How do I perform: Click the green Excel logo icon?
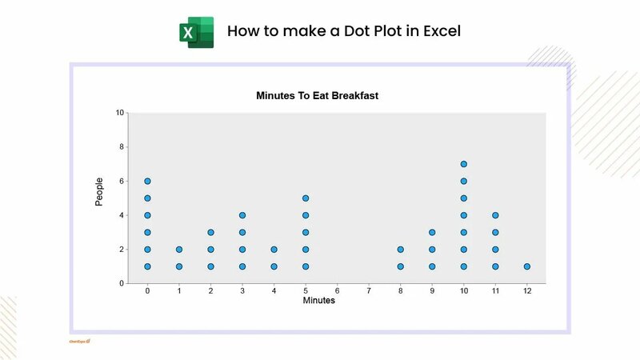coord(195,32)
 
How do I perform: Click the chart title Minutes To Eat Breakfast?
coord(317,95)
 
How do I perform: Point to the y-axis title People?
coord(99,192)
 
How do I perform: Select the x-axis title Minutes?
coord(319,301)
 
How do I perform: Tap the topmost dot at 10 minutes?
coord(464,164)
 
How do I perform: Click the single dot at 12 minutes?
coord(527,266)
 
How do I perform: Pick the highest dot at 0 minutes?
coord(148,182)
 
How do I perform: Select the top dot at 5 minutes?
coord(306,198)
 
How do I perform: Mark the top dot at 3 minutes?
coord(242,215)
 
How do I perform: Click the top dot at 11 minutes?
coord(496,215)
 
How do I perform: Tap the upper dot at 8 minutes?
coord(401,250)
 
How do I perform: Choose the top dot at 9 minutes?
coord(432,233)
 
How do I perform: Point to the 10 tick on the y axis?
coord(120,113)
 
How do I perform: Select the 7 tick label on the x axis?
coord(369,291)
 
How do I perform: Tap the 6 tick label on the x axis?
coord(338,291)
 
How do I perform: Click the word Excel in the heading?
coord(440,32)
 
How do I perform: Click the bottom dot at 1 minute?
coord(179,266)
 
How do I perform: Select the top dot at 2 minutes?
coord(210,233)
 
